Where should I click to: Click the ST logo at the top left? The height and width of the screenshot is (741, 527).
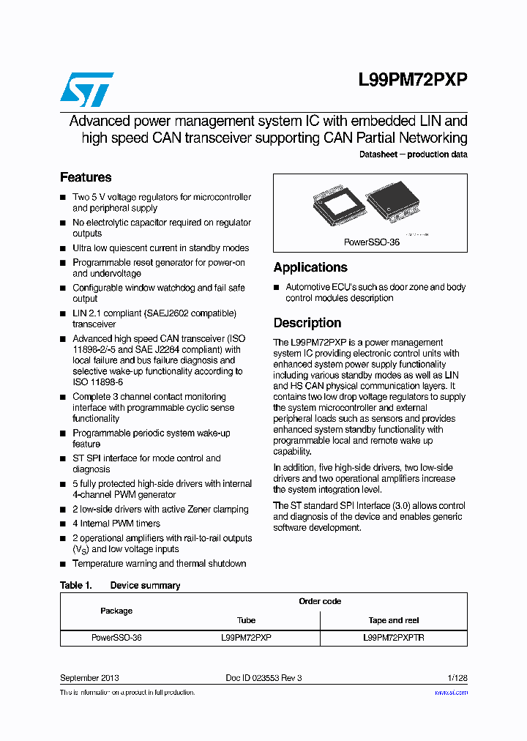[x=86, y=89]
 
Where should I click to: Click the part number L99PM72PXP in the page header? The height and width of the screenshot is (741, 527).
[x=413, y=81]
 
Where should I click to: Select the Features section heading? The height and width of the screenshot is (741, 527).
[x=86, y=177]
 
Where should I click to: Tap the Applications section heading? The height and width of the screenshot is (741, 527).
[x=310, y=267]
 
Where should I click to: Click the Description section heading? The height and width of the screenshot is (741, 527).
[x=307, y=323]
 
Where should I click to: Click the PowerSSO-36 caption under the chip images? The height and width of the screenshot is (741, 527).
[x=372, y=242]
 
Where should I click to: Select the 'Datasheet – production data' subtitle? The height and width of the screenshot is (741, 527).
[x=413, y=154]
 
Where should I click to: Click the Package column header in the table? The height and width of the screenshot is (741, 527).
[x=116, y=611]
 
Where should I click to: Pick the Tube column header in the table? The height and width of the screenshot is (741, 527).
[x=247, y=620]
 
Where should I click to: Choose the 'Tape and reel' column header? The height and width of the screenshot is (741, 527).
[x=394, y=620]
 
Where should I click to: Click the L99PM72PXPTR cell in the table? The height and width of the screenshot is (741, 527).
[x=394, y=638]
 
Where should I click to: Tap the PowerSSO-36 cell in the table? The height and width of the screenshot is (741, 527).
[x=116, y=638]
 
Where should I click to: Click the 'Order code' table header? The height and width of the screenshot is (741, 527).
[x=320, y=601]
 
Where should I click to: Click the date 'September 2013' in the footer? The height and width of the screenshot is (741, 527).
[x=89, y=678]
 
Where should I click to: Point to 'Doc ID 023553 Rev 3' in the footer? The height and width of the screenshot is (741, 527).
[x=263, y=678]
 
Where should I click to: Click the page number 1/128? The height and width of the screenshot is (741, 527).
[x=455, y=678]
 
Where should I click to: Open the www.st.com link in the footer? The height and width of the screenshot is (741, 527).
[x=451, y=692]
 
